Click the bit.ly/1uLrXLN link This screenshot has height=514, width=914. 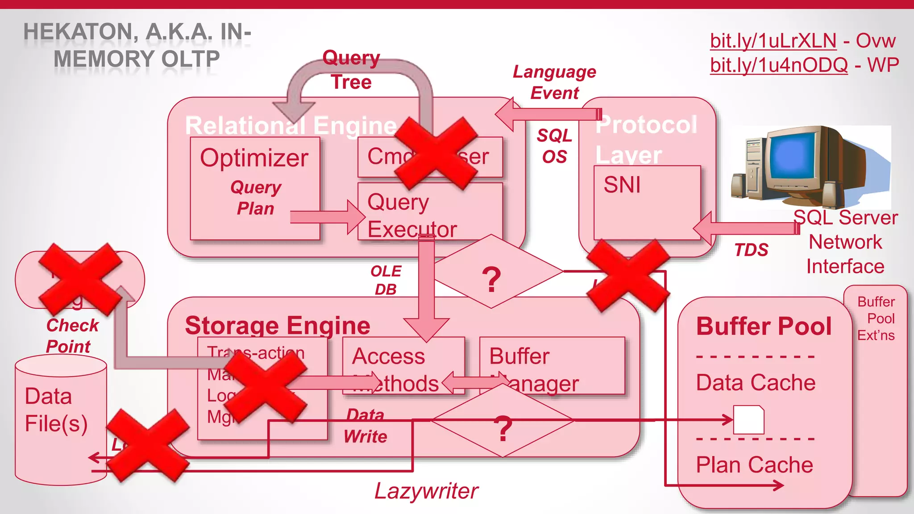pyautogui.click(x=773, y=41)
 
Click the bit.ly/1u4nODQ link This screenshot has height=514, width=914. pyautogui.click(x=779, y=65)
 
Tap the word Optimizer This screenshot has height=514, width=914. pyautogui.click(x=254, y=158)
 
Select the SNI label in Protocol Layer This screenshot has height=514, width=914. pyautogui.click(x=622, y=185)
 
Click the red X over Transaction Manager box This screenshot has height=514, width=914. pyautogui.click(x=266, y=386)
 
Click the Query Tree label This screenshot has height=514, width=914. pyautogui.click(x=351, y=70)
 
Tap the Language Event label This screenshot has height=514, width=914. pyautogui.click(x=554, y=83)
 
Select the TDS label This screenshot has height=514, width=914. pyautogui.click(x=752, y=250)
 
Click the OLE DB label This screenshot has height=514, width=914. pyautogui.click(x=386, y=280)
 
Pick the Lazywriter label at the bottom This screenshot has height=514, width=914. pyautogui.click(x=426, y=491)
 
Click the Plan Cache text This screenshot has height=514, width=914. pyautogui.click(x=754, y=465)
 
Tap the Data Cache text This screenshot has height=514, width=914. pyautogui.click(x=756, y=383)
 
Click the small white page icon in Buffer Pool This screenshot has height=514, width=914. pyautogui.click(x=748, y=419)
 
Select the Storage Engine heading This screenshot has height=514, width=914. pyautogui.click(x=277, y=325)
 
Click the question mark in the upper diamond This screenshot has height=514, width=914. pyautogui.click(x=491, y=280)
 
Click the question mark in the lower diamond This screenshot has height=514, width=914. pyautogui.click(x=503, y=428)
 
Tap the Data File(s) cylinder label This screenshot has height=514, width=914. pyautogui.click(x=56, y=410)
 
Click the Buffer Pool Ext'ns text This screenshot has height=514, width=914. pyautogui.click(x=876, y=319)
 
